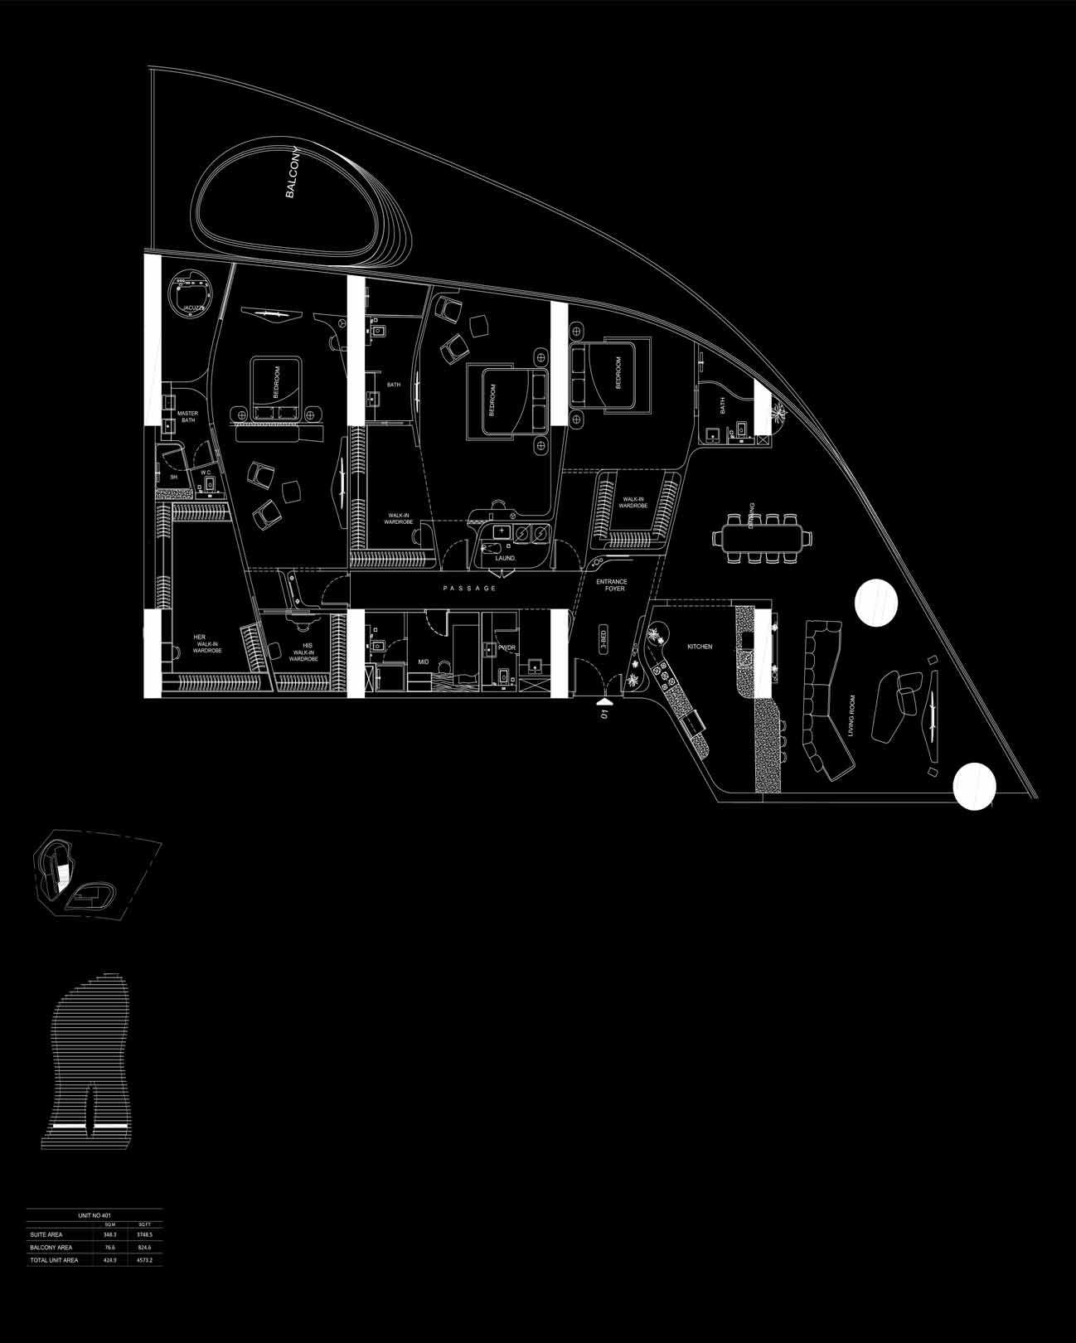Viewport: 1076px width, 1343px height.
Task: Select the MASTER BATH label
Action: coord(187,416)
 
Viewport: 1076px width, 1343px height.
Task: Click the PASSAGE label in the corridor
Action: coord(469,588)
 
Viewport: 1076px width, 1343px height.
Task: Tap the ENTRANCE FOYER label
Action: coord(612,585)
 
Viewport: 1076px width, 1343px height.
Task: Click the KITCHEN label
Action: coord(700,646)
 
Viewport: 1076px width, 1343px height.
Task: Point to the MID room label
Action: coord(423,662)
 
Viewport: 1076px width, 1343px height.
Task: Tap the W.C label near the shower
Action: coord(206,472)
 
